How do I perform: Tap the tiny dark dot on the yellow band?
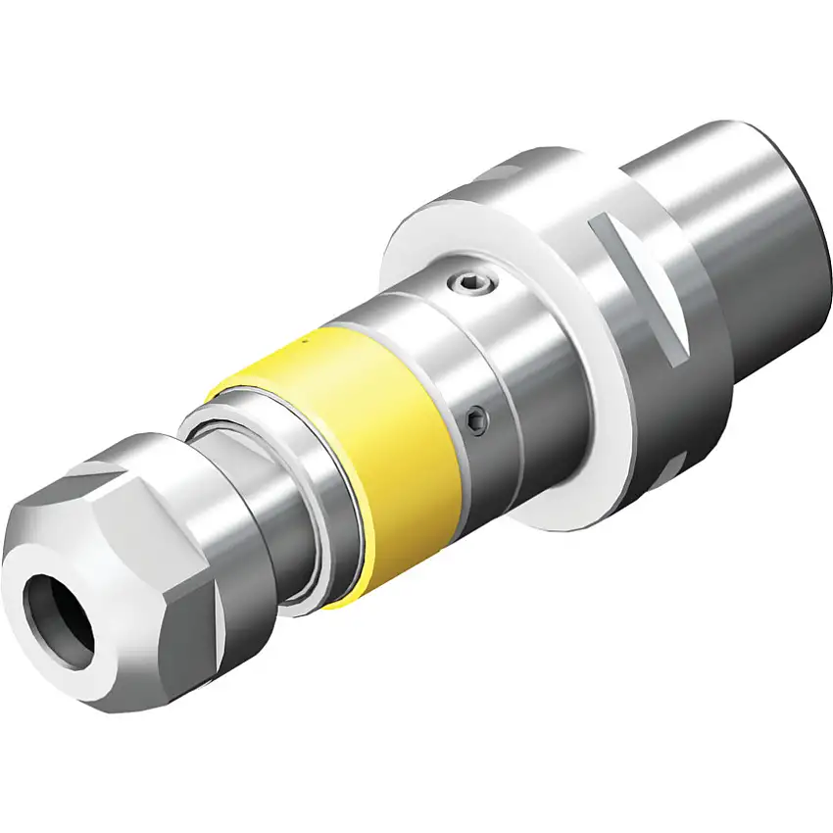[305, 341]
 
